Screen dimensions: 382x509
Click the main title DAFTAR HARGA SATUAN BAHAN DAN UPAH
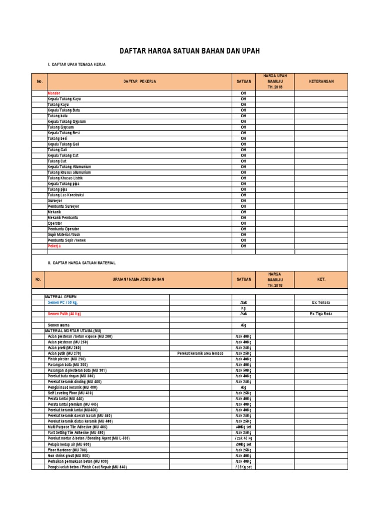pos(190,51)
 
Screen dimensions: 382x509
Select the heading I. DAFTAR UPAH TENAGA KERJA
pos(76,65)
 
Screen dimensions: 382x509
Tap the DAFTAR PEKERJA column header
pos(140,82)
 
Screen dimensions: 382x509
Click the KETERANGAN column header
pos(321,82)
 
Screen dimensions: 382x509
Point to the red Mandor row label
pos(53,93)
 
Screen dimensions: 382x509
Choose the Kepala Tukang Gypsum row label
pos(66,121)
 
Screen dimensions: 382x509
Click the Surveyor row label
pos(56,200)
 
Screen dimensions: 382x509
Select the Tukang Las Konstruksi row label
pos(66,195)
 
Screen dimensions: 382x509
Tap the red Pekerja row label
pos(55,246)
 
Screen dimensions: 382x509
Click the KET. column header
pos(321,280)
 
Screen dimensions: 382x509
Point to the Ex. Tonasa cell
pos(320,302)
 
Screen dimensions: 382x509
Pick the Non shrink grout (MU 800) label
pos(69,455)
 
